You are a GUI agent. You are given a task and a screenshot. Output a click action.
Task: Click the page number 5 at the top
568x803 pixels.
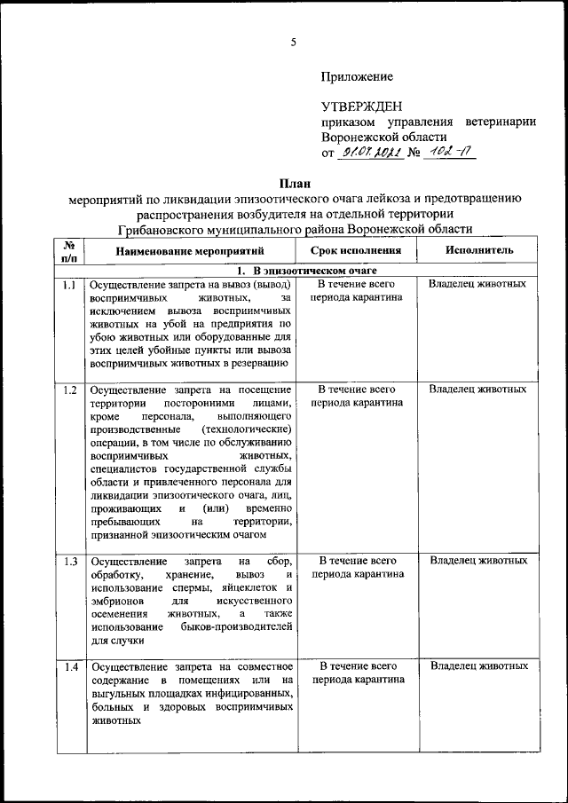click(x=293, y=43)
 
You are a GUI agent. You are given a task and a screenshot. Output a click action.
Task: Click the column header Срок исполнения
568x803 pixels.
click(x=357, y=250)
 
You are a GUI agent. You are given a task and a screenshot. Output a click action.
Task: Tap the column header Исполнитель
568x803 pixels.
click(x=479, y=250)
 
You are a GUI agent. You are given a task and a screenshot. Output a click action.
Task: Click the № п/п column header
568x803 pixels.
click(x=69, y=250)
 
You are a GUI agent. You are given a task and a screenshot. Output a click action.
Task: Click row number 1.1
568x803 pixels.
click(x=69, y=285)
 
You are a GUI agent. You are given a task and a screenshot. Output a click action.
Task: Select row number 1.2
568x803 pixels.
click(x=69, y=390)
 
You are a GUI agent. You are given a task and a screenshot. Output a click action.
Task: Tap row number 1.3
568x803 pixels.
click(x=69, y=561)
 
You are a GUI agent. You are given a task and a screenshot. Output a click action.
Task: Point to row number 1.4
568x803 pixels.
click(x=69, y=666)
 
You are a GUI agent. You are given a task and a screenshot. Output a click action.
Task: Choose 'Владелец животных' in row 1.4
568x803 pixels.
click(x=478, y=665)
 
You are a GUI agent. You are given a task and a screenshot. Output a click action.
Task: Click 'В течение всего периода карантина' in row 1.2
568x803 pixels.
click(x=357, y=396)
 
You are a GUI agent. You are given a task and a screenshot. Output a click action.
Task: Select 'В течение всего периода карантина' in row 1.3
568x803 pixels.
click(x=357, y=567)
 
